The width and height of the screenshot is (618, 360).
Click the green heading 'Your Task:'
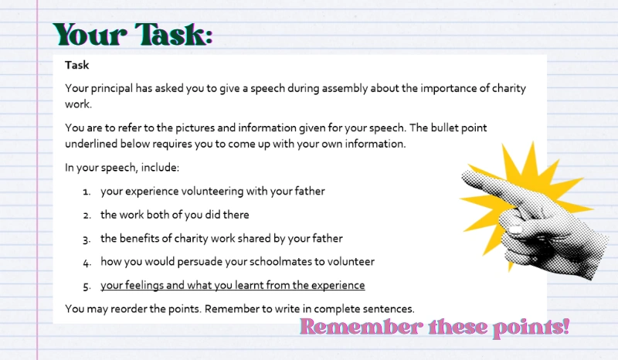tap(132, 35)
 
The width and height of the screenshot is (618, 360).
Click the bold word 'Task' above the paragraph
tap(77, 66)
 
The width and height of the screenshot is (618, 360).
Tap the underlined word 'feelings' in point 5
tap(144, 285)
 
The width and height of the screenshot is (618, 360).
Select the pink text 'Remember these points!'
tap(434, 327)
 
